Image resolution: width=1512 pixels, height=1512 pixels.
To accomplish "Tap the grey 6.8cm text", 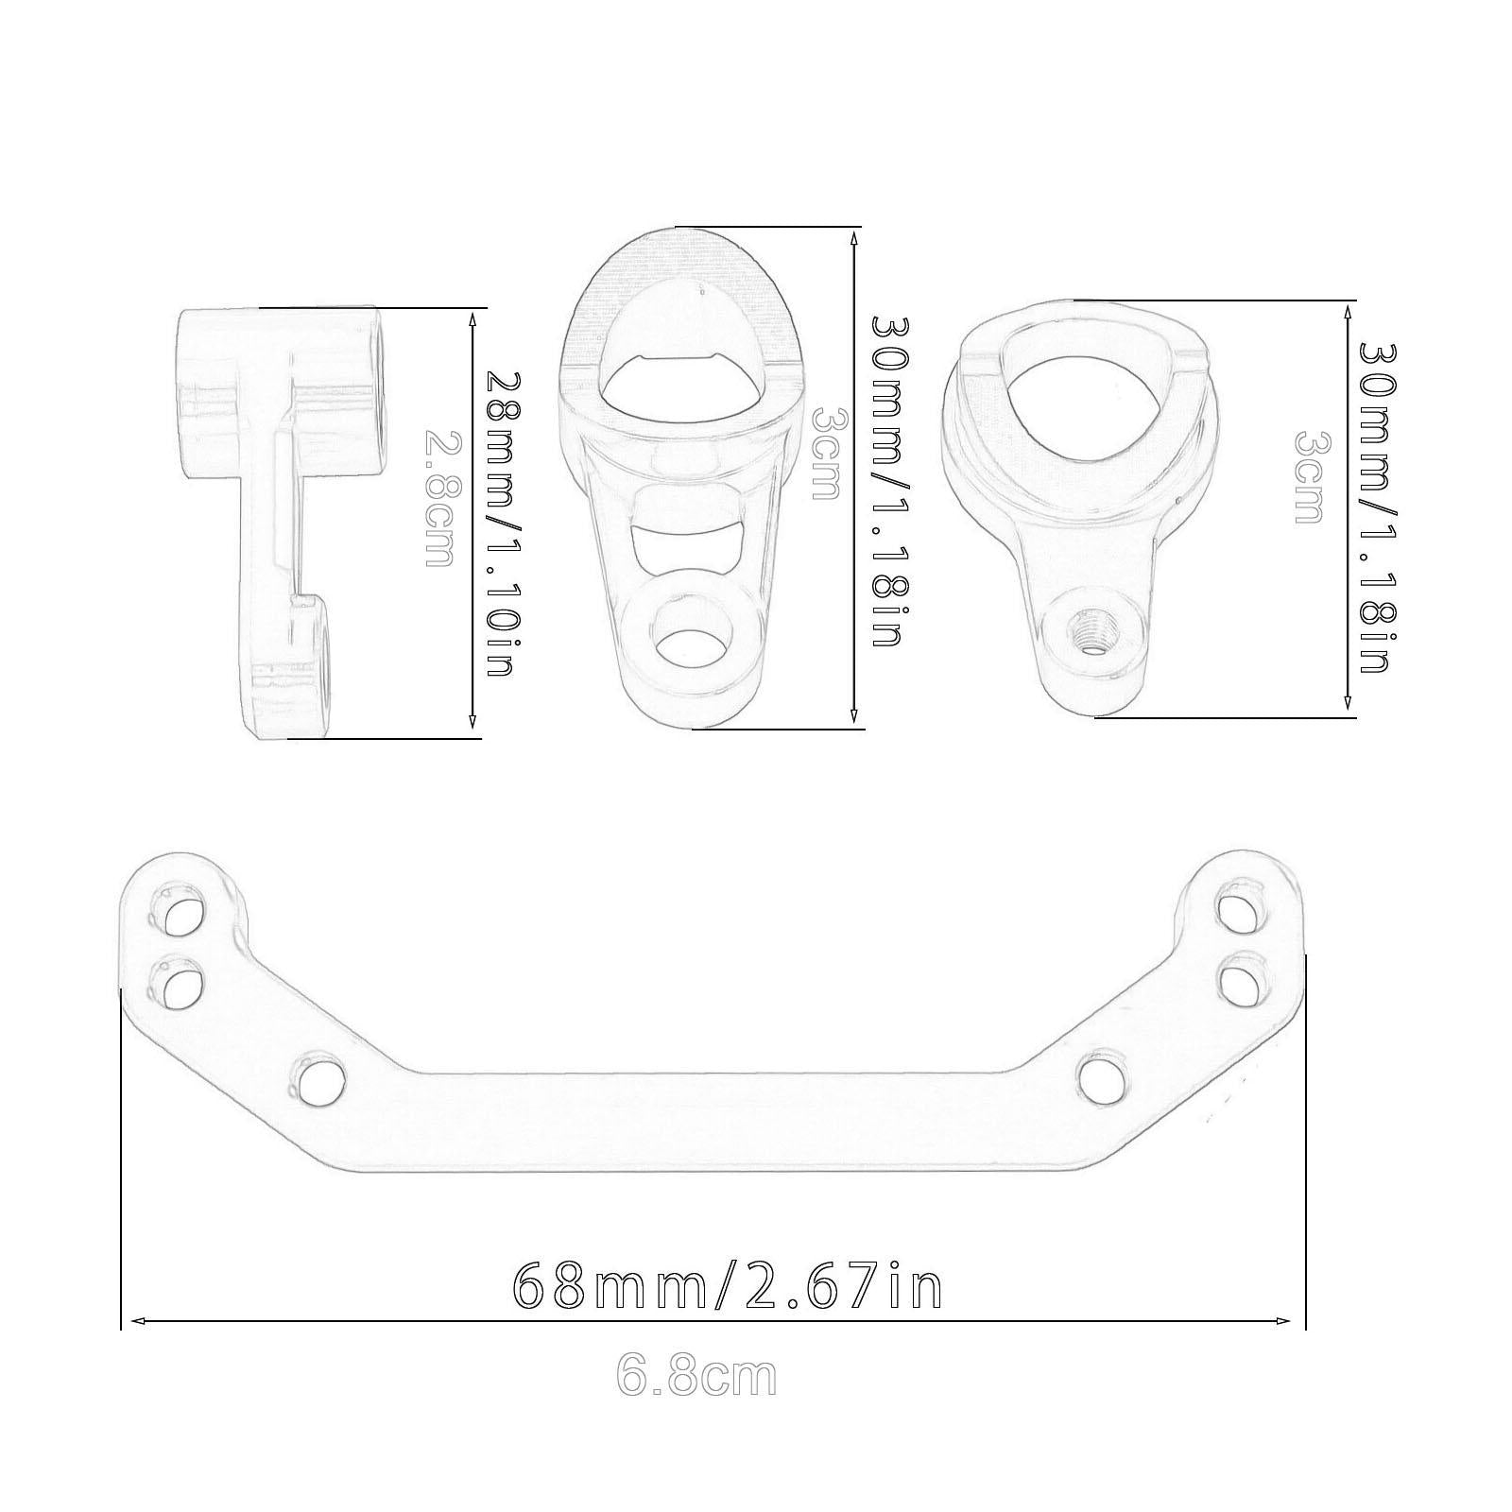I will pos(696,1377).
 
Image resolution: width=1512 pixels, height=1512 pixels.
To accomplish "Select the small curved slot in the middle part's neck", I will pos(687,549).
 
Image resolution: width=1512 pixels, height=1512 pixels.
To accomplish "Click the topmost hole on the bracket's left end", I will pos(178,908).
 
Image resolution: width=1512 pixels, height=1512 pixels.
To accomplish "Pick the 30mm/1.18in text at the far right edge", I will pos(1376,507).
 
